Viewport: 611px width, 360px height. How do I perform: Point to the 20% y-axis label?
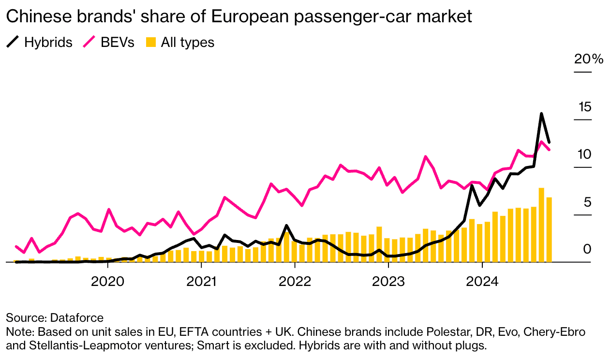[x=589, y=60]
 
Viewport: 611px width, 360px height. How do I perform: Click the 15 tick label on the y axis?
[x=584, y=107]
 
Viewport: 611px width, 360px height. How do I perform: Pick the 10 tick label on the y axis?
[x=584, y=154]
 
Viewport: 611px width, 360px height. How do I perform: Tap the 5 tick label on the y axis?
[x=587, y=202]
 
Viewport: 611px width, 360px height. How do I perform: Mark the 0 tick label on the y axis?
[x=587, y=249]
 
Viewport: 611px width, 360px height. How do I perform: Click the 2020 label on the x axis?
[x=107, y=281]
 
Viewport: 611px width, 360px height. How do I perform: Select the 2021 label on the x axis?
[x=201, y=281]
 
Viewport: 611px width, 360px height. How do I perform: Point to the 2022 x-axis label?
[x=295, y=281]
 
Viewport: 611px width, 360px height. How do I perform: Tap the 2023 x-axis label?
[x=388, y=281]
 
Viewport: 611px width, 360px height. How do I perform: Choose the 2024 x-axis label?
[x=482, y=281]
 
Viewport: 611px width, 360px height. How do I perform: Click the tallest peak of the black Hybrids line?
[x=541, y=114]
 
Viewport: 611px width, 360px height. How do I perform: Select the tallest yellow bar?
[x=541, y=225]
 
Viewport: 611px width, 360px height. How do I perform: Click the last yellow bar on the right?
[x=549, y=229]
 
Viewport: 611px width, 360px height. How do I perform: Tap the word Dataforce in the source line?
[x=76, y=318]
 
